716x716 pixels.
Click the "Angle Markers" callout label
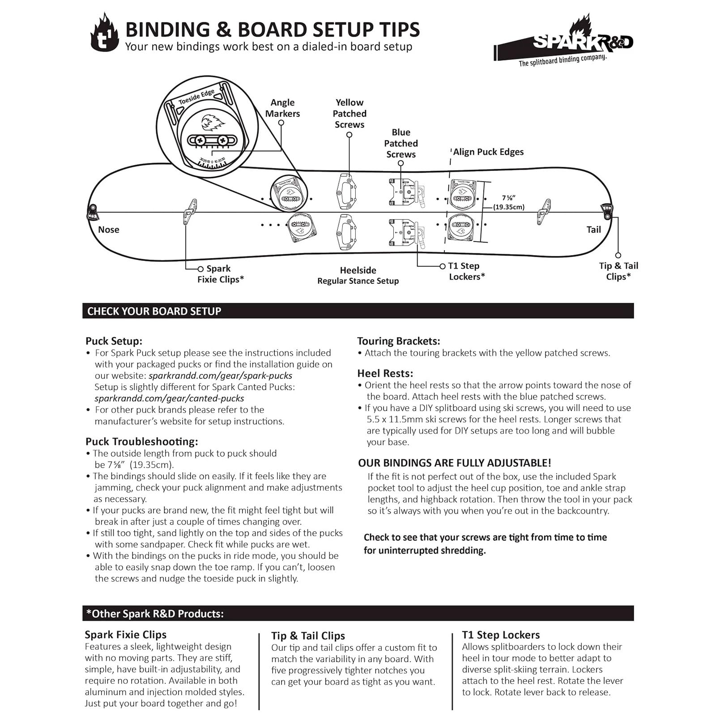click(x=282, y=108)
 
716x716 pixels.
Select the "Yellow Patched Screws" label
click(x=349, y=114)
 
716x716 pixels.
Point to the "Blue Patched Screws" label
click(x=401, y=143)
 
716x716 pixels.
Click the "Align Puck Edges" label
click(x=488, y=152)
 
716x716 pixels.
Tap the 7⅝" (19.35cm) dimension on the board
click(x=509, y=202)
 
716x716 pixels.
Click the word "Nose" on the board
click(x=109, y=230)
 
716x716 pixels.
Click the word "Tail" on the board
click(x=593, y=230)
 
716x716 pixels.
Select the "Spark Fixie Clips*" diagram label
click(x=220, y=274)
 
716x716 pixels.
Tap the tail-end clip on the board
click(x=607, y=211)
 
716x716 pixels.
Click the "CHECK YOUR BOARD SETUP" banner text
click(x=154, y=311)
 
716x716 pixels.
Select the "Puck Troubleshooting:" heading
click(x=141, y=442)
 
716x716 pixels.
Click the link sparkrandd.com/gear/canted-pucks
click(x=169, y=398)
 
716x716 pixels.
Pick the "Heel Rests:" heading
click(x=385, y=374)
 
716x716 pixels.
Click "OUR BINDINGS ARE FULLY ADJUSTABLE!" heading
click(x=455, y=463)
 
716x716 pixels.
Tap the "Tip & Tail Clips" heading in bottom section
click(x=308, y=636)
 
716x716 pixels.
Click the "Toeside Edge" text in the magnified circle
click(x=196, y=97)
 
